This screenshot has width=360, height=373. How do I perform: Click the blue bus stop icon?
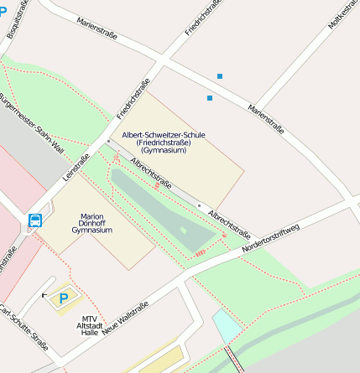[35, 221]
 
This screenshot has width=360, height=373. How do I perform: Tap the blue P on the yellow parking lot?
[63, 298]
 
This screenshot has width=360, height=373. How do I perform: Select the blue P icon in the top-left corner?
[4, 11]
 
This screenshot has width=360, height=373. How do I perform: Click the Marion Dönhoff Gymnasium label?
[92, 223]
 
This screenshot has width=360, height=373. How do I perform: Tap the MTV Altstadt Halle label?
[90, 325]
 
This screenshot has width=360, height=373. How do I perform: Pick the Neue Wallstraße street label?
[126, 319]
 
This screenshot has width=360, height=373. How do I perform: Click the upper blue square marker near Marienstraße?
[220, 76]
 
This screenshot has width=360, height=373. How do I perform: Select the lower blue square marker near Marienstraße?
[210, 98]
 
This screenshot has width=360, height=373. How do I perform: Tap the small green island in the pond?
[184, 229]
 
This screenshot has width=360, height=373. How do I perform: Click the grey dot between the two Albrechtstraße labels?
[199, 205]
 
